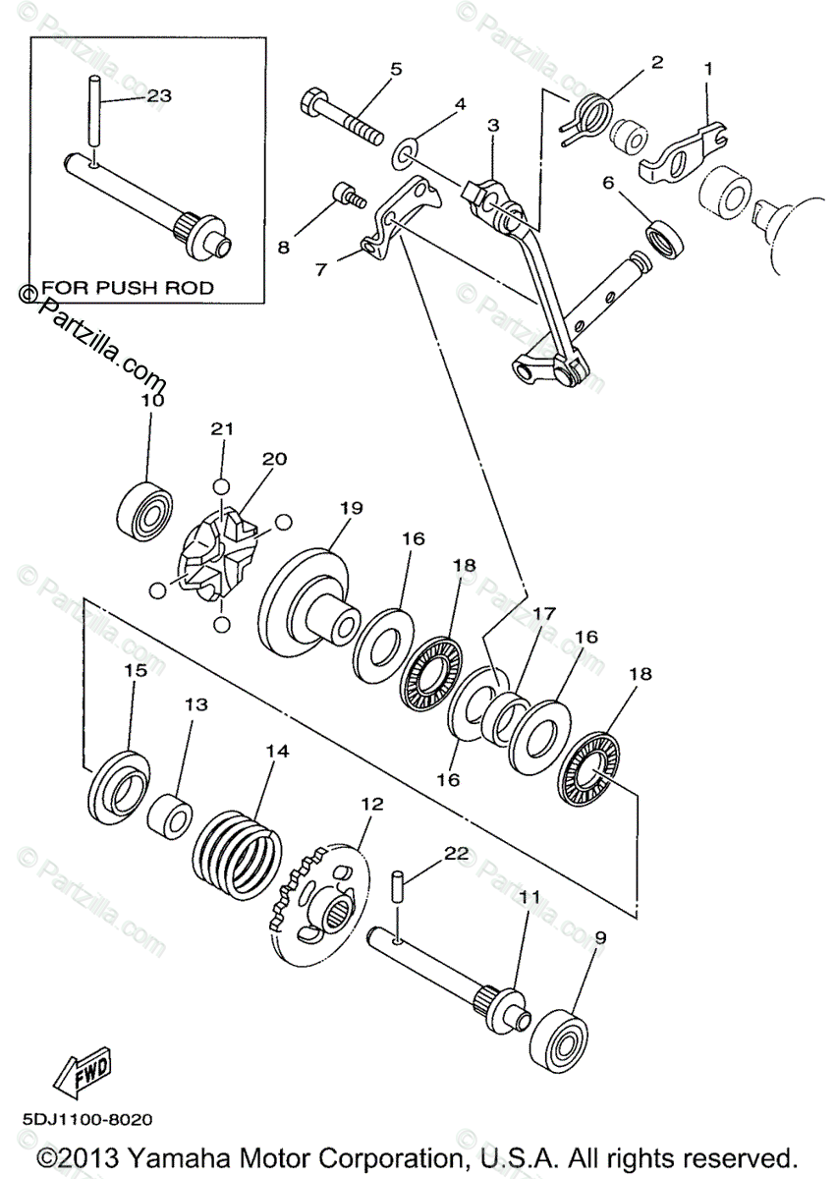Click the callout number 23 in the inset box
point(159,96)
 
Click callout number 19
point(352,508)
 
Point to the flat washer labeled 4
point(404,154)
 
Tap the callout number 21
point(223,429)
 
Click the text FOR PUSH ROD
point(128,289)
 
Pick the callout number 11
point(529,896)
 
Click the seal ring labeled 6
point(666,239)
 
